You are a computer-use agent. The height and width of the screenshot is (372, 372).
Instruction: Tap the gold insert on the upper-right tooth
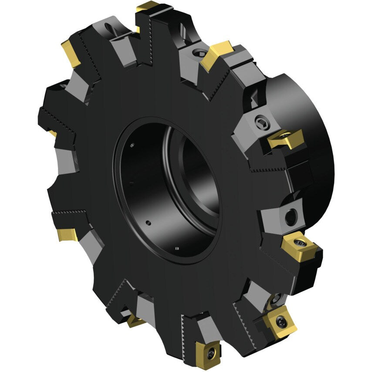pos(216,54)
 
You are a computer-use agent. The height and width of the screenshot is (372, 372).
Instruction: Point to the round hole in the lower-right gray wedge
pos(291,215)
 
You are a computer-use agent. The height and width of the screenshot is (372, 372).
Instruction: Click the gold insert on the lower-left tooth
pos(68,234)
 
